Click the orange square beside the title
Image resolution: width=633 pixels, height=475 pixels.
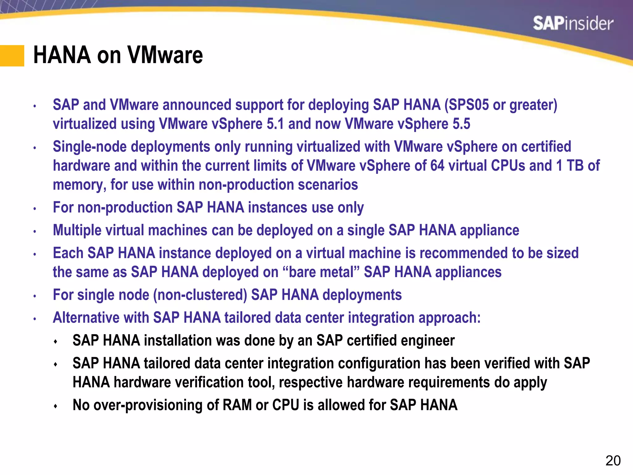12,56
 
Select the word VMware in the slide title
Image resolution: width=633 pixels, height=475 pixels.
165,55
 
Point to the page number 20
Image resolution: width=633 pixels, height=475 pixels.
613,461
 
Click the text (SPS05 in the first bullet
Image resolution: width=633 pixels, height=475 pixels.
466,105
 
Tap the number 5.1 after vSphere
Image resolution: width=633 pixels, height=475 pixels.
275,124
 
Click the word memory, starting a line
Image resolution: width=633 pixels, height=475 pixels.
79,185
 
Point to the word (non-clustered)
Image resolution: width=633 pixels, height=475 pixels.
200,295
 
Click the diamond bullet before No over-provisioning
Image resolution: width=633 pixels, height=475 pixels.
56,406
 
